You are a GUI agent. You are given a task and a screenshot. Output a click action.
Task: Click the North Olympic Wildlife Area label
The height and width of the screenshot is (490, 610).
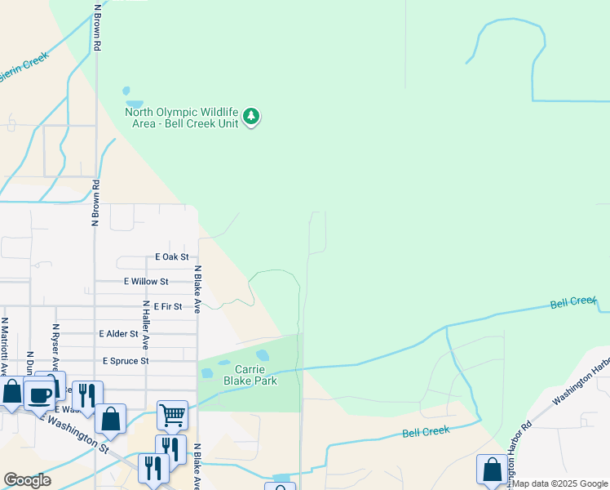click(x=181, y=118)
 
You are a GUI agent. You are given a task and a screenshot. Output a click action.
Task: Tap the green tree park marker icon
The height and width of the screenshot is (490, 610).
click(x=252, y=117)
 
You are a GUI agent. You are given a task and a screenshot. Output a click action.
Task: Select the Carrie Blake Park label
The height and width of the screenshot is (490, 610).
click(x=251, y=375)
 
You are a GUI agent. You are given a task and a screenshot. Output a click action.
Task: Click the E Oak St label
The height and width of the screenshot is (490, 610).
click(x=172, y=256)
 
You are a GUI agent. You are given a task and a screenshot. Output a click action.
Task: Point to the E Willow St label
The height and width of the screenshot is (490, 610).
click(x=146, y=281)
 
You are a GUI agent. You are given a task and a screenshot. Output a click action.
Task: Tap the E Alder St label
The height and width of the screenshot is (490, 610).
click(x=119, y=333)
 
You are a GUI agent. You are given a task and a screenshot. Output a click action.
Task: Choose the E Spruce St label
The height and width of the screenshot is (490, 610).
click(x=126, y=360)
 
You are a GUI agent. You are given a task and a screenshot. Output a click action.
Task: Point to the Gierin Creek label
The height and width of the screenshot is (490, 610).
click(x=24, y=65)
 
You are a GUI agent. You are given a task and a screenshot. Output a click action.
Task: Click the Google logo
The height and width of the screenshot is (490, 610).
click(x=27, y=479)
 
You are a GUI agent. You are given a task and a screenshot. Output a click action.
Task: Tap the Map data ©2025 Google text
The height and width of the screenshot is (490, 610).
click(x=559, y=483)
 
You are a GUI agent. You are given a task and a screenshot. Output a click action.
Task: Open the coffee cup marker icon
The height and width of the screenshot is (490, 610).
click(x=39, y=395)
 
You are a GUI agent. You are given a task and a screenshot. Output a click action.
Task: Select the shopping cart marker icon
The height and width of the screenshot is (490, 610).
click(x=172, y=415)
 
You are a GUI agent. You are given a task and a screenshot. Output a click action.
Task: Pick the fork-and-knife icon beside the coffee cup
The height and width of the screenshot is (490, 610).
click(x=87, y=395)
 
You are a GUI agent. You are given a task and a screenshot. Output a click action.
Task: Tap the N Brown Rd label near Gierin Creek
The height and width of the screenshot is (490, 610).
click(x=98, y=29)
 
